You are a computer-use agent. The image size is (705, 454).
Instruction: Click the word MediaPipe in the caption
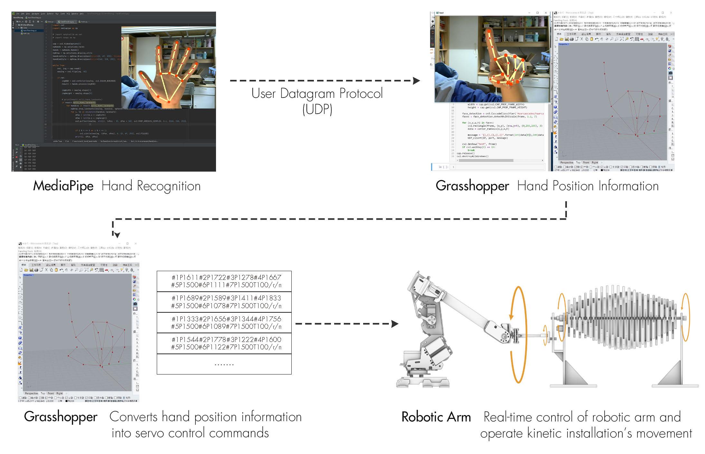click(x=63, y=186)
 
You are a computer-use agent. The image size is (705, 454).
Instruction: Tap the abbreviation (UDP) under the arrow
click(x=317, y=109)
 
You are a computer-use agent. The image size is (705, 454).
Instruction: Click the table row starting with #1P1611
click(x=224, y=281)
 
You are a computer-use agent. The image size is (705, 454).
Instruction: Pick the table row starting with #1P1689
click(x=224, y=302)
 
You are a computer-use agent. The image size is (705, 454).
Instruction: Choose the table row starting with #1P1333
click(x=224, y=323)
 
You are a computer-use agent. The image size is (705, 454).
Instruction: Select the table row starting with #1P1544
click(x=224, y=343)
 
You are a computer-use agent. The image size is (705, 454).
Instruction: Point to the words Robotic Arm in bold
click(x=436, y=417)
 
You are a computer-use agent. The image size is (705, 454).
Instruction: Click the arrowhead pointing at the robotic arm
click(x=395, y=324)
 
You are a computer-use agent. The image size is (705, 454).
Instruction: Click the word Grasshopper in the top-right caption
click(x=472, y=186)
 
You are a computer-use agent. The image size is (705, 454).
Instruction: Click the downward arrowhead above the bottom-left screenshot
click(x=117, y=235)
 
